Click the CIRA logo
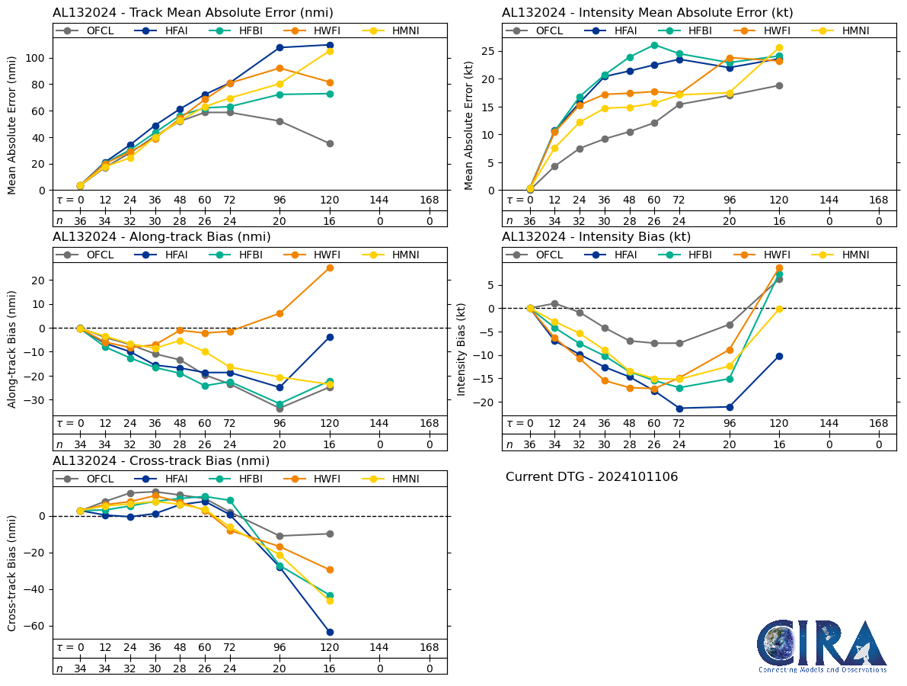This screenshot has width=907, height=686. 822,646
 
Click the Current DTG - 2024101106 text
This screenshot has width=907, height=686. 592,477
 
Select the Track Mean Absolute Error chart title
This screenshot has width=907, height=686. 193,13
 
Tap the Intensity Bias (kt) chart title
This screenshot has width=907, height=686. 596,237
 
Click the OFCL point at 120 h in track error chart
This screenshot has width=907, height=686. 330,143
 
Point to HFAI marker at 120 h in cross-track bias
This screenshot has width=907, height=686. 330,632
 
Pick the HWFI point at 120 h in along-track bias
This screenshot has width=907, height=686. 330,268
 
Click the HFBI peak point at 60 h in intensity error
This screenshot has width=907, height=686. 654,45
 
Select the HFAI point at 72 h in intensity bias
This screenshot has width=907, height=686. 679,409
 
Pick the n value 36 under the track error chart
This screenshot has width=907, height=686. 80,221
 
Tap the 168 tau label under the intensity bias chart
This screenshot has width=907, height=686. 879,423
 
